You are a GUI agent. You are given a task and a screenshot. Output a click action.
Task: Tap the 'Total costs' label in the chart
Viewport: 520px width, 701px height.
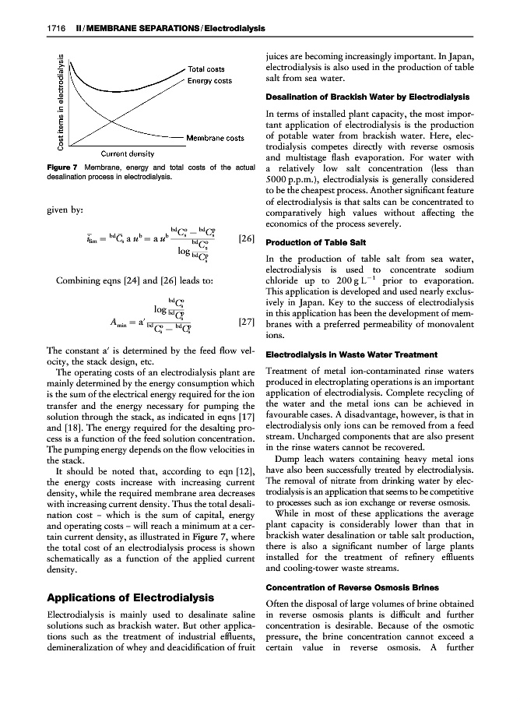(206, 69)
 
